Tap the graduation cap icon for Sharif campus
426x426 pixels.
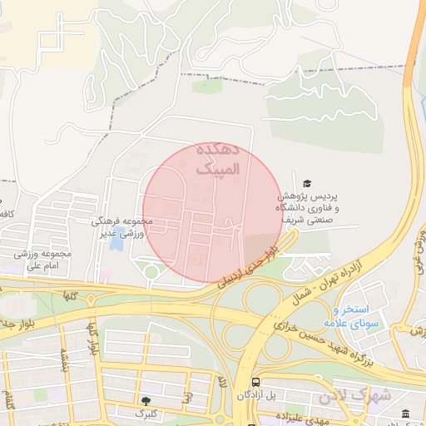click(x=307, y=182)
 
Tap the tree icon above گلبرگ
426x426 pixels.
click(x=147, y=401)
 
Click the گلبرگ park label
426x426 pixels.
click(x=146, y=413)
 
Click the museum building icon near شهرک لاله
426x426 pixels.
click(x=405, y=414)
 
